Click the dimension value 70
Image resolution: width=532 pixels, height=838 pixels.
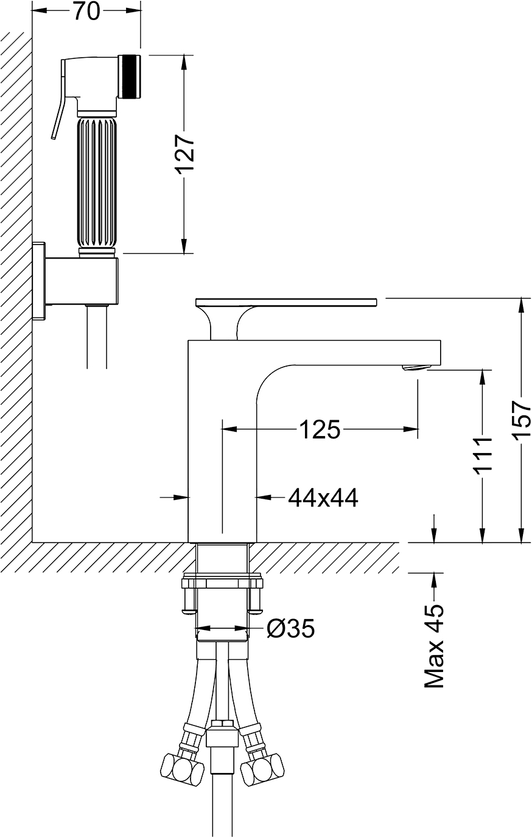pos(87,12)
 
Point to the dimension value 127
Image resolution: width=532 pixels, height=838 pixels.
pos(184,154)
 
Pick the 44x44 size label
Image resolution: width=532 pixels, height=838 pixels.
pos(323,497)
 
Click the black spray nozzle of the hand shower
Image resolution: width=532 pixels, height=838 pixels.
pos(130,77)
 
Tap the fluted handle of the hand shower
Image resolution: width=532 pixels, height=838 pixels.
pos(97,184)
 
